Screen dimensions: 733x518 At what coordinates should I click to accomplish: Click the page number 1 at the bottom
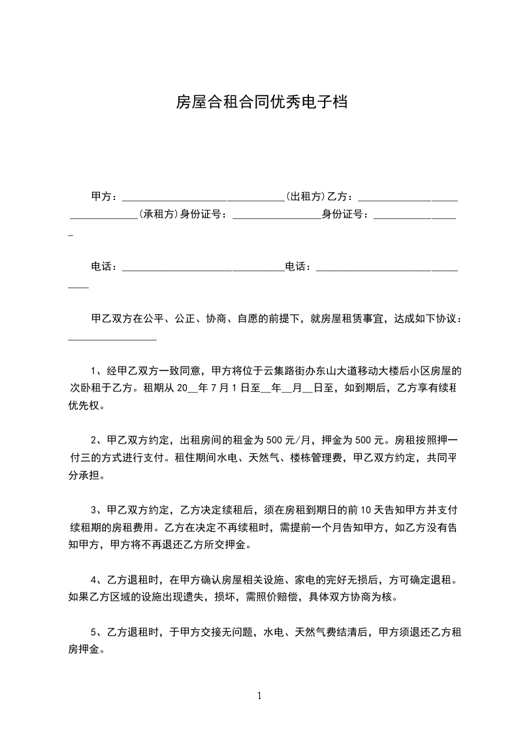click(x=259, y=696)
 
